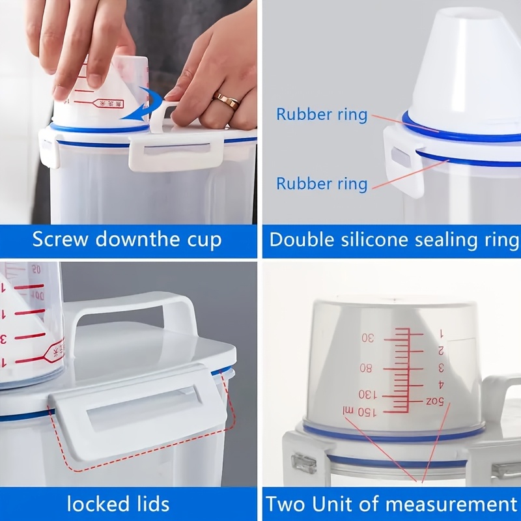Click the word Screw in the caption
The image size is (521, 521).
tap(60, 240)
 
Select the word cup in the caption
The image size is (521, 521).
tap(203, 240)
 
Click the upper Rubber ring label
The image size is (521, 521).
tap(322, 115)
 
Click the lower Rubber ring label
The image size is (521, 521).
tap(322, 184)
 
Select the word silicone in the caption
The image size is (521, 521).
tap(380, 240)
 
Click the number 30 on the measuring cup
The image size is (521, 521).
tap(368, 338)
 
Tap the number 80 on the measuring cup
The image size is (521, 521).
tap(366, 368)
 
